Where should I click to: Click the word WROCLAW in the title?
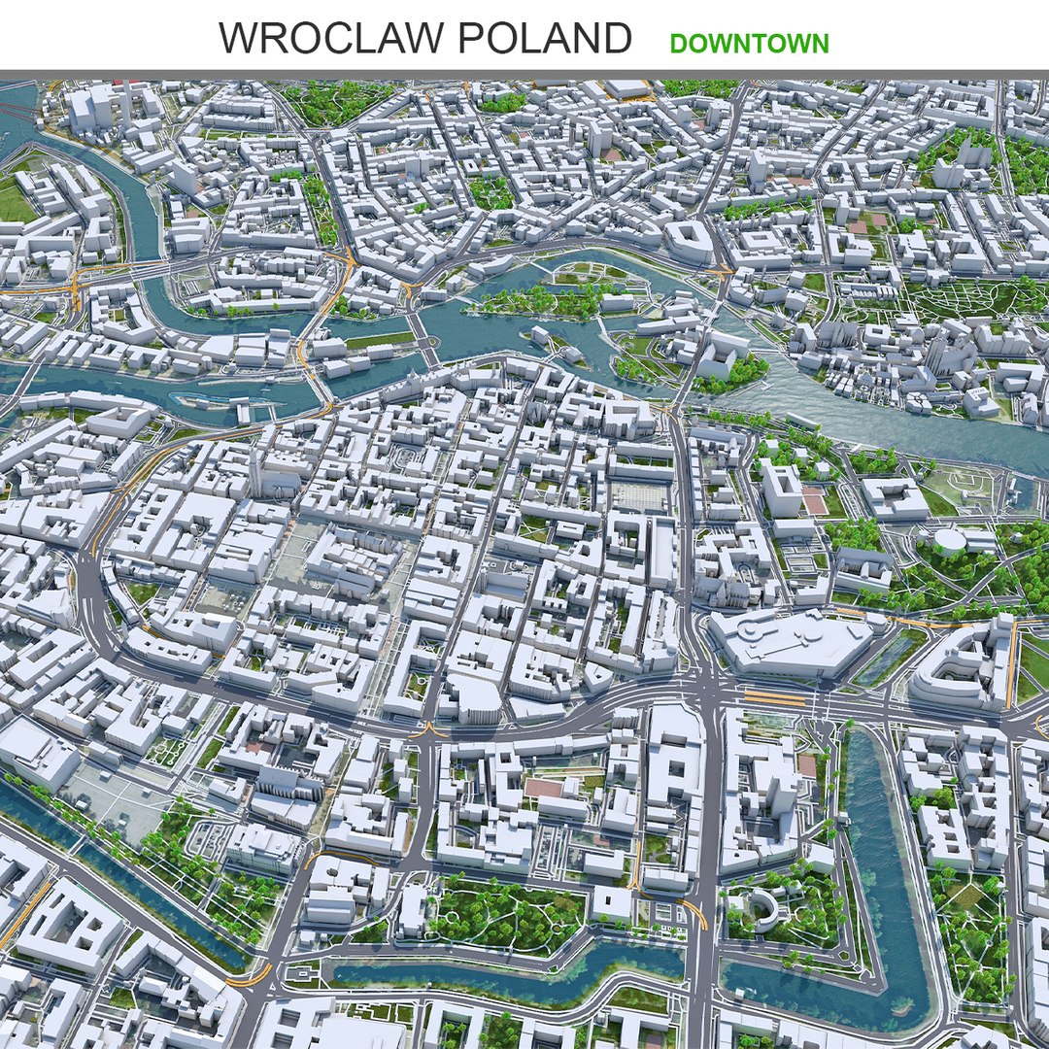[x=330, y=39]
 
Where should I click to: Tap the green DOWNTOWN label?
[x=749, y=44]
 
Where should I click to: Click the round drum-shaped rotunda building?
[x=949, y=539]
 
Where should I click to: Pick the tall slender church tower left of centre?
[x=255, y=473]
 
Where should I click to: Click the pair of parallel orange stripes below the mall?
[x=774, y=697]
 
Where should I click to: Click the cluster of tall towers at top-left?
[x=92, y=107]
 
